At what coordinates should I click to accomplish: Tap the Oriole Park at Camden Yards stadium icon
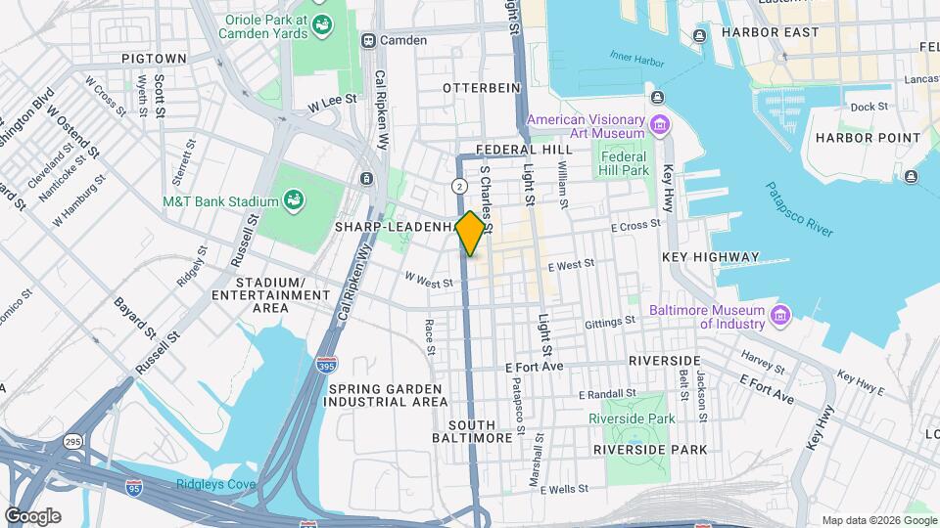(x=320, y=33)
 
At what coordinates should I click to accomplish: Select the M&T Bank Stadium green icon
(x=293, y=201)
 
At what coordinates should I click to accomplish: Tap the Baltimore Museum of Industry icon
(x=780, y=317)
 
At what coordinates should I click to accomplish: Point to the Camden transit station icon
(x=369, y=40)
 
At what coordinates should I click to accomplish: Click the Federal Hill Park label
(x=624, y=163)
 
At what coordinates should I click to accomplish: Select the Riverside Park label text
(x=632, y=418)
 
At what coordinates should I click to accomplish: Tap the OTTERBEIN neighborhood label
(x=481, y=88)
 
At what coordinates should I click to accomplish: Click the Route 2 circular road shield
(x=458, y=185)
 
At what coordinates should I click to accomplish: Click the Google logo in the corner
(x=32, y=516)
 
